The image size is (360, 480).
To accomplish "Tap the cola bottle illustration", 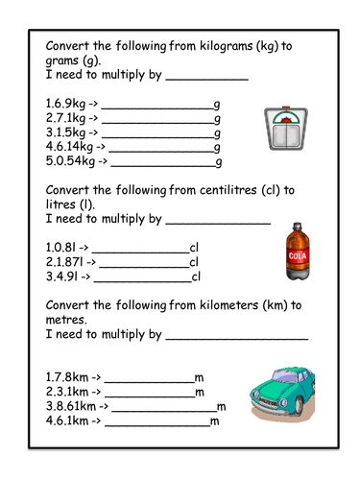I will tap(297, 252).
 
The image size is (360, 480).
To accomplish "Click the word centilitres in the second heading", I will tap(237, 188).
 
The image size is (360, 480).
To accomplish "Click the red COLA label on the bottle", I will tap(297, 255).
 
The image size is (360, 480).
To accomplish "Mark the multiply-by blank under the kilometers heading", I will tap(237, 337).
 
